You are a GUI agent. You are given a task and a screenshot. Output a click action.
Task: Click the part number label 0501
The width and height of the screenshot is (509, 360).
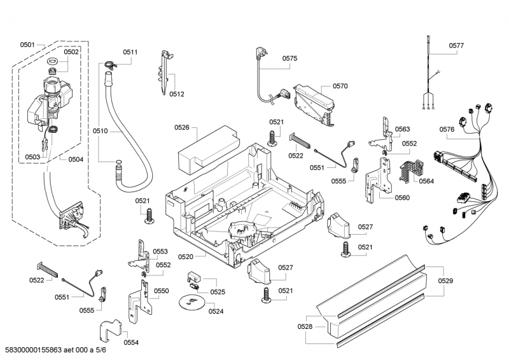(x=27, y=45)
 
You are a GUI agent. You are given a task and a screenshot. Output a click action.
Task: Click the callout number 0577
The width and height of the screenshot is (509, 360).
(x=456, y=46)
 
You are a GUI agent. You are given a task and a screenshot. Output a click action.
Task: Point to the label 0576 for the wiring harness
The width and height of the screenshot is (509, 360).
(x=447, y=130)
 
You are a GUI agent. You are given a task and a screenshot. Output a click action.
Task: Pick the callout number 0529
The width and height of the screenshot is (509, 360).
(x=446, y=280)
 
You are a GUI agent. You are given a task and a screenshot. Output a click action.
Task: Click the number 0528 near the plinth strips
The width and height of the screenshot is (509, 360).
(x=305, y=326)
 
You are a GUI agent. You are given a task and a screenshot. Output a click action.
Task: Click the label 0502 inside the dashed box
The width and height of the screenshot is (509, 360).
(x=71, y=52)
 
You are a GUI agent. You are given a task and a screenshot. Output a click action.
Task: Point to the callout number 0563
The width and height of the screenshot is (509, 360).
(x=401, y=129)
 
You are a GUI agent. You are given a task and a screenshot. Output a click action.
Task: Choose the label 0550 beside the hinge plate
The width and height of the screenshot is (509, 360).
(x=161, y=291)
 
